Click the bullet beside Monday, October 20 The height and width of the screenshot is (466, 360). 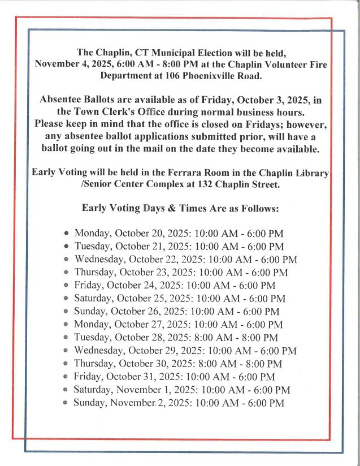tap(67, 234)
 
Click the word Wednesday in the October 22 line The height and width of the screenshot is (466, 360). tap(100, 260)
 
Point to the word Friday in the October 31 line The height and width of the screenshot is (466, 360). tap(88, 377)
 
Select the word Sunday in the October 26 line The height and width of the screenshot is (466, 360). tap(90, 312)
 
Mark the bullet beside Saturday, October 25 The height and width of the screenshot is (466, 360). tap(67, 299)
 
